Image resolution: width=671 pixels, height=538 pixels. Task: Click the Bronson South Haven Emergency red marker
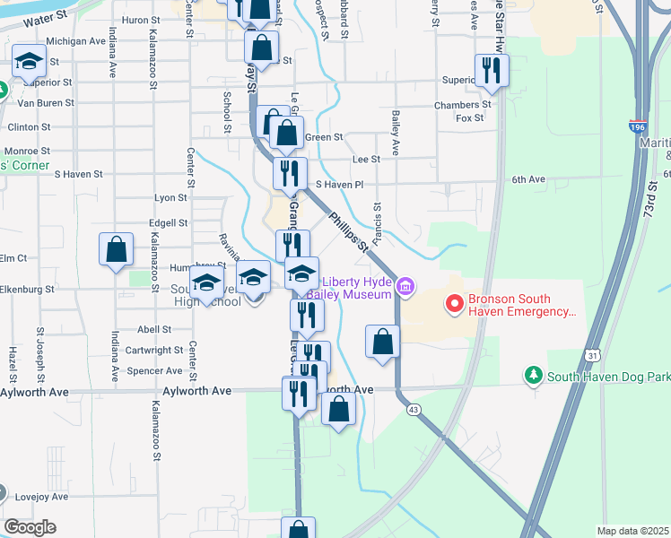click(x=454, y=305)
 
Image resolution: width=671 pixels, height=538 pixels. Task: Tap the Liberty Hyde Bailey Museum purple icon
click(x=405, y=287)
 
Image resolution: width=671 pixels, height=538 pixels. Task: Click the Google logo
click(x=29, y=527)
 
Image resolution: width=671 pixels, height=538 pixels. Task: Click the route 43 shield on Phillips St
click(x=414, y=409)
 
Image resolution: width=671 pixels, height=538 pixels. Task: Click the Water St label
click(x=45, y=18)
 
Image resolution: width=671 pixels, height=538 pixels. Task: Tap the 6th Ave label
click(x=529, y=179)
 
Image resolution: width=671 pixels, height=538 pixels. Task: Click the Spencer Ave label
click(x=154, y=370)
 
